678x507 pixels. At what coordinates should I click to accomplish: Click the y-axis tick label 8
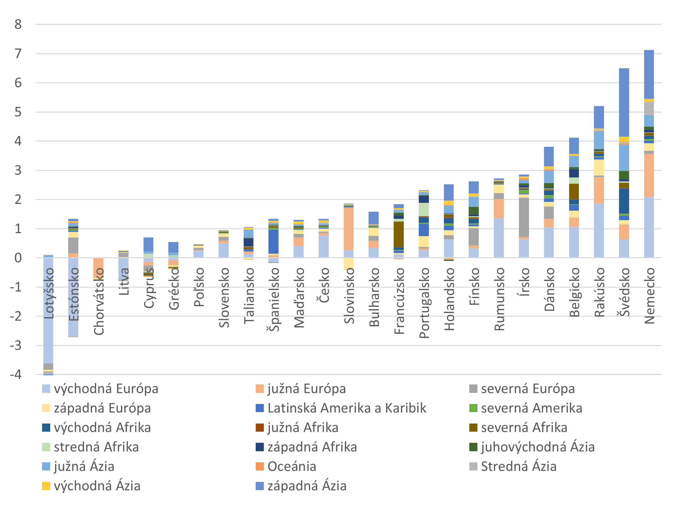[18, 24]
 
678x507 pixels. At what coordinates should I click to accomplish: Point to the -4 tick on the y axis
[16, 374]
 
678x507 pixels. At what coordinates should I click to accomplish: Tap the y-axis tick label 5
[18, 112]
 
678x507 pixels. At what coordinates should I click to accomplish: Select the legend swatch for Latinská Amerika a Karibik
[260, 408]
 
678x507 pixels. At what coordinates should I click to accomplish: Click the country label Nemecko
[650, 295]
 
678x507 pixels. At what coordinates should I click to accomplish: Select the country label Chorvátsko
[99, 301]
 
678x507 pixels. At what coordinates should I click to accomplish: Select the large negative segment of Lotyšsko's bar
[48, 310]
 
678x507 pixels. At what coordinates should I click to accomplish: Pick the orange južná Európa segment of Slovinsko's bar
[349, 229]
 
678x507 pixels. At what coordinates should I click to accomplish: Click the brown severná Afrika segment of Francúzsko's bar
[399, 234]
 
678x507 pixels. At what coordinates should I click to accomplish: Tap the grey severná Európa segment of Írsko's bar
[524, 217]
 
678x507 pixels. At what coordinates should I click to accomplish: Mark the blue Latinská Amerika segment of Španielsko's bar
[273, 241]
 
